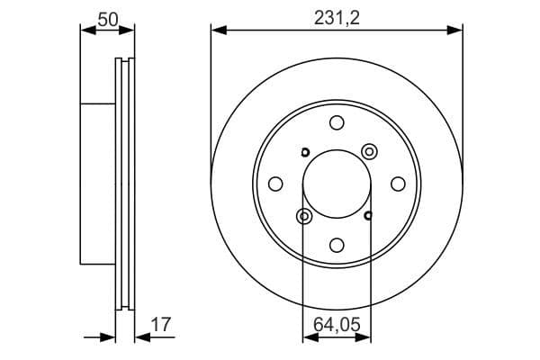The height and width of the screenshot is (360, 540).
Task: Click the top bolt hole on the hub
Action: (x=337, y=123)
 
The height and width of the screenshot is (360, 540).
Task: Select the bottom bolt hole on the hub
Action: (x=337, y=245)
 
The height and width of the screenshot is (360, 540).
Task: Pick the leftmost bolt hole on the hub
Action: (x=275, y=184)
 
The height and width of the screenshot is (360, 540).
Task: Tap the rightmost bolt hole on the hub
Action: (x=398, y=184)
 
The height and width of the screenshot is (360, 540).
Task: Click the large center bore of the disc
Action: (x=337, y=184)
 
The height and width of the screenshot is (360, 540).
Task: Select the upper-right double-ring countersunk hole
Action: (x=369, y=150)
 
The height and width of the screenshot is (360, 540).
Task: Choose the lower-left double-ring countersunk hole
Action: (x=303, y=216)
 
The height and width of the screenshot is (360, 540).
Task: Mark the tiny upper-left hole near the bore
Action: (x=304, y=151)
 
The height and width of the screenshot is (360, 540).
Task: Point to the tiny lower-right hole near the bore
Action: (x=369, y=215)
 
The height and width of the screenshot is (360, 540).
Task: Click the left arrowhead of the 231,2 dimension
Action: (x=217, y=31)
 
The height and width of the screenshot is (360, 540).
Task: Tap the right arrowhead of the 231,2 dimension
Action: (x=456, y=31)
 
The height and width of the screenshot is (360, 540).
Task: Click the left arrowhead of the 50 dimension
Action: (x=86, y=31)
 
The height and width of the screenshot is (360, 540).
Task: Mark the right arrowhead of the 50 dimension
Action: (x=130, y=31)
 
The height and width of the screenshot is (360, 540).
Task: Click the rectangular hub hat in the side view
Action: (x=99, y=184)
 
